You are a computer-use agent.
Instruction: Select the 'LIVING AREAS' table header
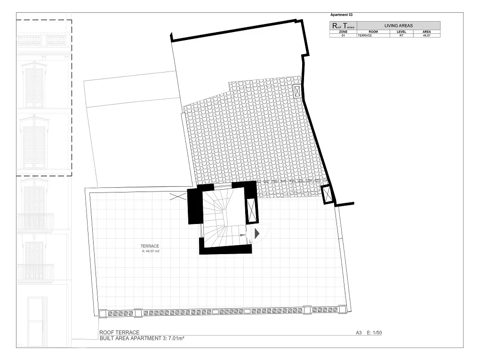click(399, 25)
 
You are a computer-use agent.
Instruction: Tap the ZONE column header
click(343, 32)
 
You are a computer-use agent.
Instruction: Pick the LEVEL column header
click(401, 32)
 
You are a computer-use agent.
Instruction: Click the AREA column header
click(427, 32)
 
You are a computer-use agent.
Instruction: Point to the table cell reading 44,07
click(427, 35)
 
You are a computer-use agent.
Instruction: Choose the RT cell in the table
click(401, 35)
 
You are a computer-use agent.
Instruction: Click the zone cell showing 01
click(343, 35)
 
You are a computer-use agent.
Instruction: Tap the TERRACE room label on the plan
click(150, 246)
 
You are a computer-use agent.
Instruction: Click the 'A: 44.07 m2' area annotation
click(151, 251)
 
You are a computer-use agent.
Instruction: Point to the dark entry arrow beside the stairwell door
click(257, 233)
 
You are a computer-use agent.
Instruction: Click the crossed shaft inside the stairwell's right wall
click(252, 210)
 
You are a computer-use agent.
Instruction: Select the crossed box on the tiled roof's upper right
click(298, 91)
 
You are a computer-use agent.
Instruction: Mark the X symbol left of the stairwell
click(177, 197)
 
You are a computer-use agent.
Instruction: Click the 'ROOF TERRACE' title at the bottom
click(119, 333)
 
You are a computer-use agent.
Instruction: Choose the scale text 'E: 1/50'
click(379, 333)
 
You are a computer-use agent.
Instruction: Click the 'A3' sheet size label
click(359, 333)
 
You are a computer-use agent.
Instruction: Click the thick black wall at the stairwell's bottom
click(225, 249)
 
